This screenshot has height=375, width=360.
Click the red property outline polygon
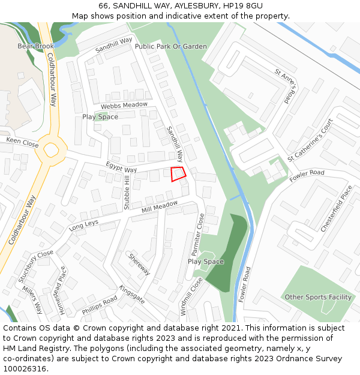click(178, 173)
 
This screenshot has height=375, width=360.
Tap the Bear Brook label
click(35, 46)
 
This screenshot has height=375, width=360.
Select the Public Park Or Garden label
click(171, 46)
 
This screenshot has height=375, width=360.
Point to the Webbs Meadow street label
click(124, 105)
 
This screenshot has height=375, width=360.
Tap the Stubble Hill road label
click(127, 193)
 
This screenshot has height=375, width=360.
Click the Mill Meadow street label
click(160, 206)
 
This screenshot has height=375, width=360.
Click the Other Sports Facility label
click(318, 297)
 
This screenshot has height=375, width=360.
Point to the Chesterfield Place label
click(337, 208)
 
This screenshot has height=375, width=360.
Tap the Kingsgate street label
click(132, 295)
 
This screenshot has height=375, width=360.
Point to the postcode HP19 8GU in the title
click(242, 6)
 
